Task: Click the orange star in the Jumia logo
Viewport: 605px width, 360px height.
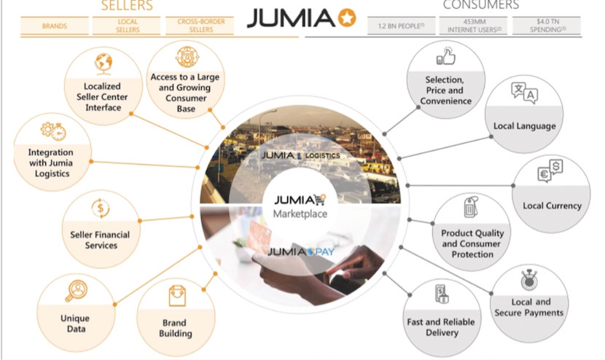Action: (347, 17)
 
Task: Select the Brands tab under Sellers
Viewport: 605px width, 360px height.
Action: (55, 27)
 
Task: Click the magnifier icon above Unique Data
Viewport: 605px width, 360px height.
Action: (76, 290)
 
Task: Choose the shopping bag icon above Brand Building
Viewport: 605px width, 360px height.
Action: (176, 295)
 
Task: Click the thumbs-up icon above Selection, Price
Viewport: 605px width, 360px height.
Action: (445, 56)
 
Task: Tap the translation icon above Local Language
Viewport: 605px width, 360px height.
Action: (525, 93)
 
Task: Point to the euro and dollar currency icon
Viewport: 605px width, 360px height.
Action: (551, 173)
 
